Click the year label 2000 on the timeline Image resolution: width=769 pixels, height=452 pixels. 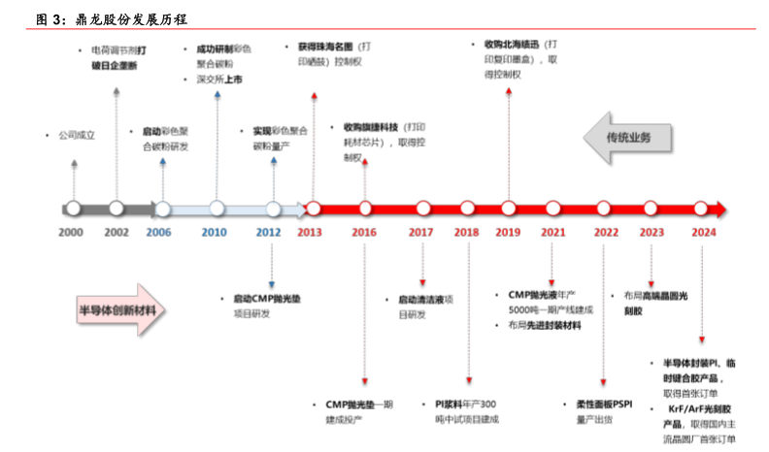point(71,233)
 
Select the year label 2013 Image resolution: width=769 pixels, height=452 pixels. point(310,233)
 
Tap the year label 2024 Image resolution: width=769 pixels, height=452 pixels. point(705,233)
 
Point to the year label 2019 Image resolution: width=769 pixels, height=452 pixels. point(509,233)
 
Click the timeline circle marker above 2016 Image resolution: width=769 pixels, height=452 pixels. point(365,208)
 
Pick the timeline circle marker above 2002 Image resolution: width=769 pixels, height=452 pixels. point(117,208)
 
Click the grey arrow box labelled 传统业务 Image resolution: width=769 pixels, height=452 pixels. point(628,136)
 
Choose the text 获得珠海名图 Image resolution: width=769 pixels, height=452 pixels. point(320,47)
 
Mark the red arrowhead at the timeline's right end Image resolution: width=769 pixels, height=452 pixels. point(720,208)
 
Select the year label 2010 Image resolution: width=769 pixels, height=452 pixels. point(214,233)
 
